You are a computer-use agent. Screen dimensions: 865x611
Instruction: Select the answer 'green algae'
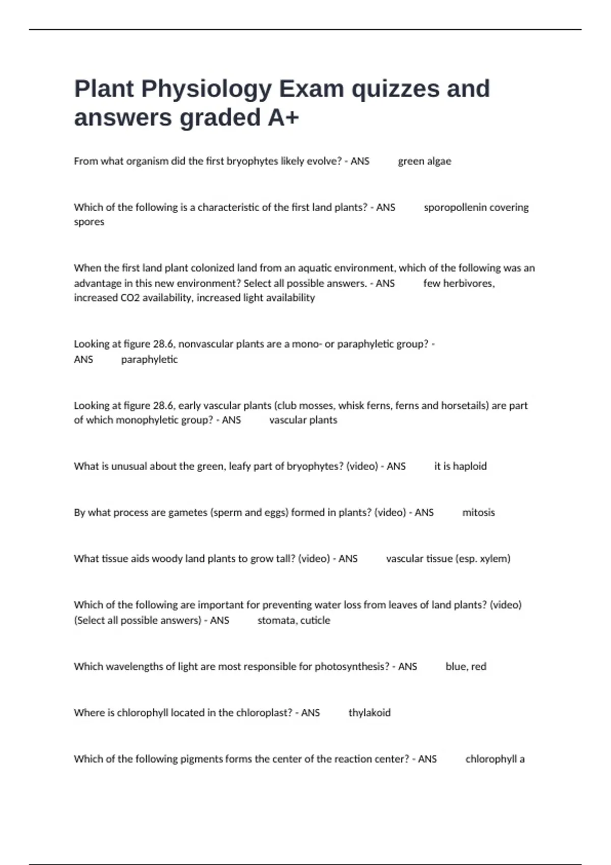pos(424,161)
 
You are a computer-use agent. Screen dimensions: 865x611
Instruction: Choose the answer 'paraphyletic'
pos(149,360)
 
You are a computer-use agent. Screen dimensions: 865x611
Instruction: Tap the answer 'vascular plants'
pos(303,420)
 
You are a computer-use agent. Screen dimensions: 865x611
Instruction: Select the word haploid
pos(469,467)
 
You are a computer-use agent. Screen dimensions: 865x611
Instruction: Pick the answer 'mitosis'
pos(478,513)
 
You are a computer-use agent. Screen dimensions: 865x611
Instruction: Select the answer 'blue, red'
pos(465,667)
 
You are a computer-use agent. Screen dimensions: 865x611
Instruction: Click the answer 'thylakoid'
pos(369,713)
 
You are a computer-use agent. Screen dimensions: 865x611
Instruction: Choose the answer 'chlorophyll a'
pos(494,759)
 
